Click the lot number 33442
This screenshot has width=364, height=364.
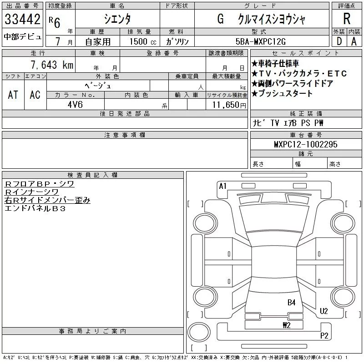click(22, 19)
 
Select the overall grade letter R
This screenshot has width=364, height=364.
click(347, 19)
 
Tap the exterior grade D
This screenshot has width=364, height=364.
click(339, 41)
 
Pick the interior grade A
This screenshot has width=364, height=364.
click(354, 41)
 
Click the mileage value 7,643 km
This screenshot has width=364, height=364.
click(52, 65)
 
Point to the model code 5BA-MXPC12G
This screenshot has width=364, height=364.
click(260, 41)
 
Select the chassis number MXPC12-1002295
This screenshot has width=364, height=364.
click(306, 144)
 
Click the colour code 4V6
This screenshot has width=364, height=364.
click(75, 105)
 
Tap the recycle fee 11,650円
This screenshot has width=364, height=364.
click(229, 105)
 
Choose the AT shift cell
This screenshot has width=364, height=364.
click(13, 95)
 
